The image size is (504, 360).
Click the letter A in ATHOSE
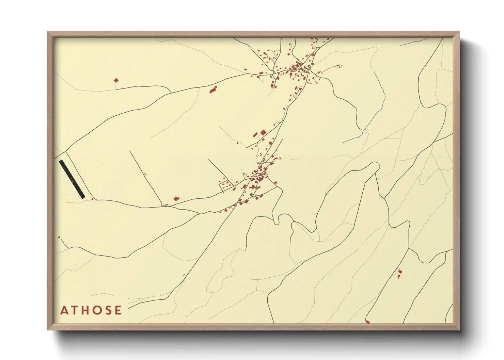64,310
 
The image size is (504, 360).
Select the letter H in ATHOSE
85,310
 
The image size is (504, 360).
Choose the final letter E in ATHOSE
118,310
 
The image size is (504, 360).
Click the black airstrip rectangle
72,179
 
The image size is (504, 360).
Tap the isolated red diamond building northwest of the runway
116,81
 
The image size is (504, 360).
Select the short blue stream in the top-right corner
414,42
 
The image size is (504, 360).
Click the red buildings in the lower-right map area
400,273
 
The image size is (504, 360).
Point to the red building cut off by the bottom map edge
367,322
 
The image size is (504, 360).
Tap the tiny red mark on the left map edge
59,237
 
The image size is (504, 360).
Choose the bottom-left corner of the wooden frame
48,329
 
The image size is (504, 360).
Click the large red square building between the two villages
263,132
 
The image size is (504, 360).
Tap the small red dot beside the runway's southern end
92,199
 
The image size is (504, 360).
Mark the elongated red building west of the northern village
213,90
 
